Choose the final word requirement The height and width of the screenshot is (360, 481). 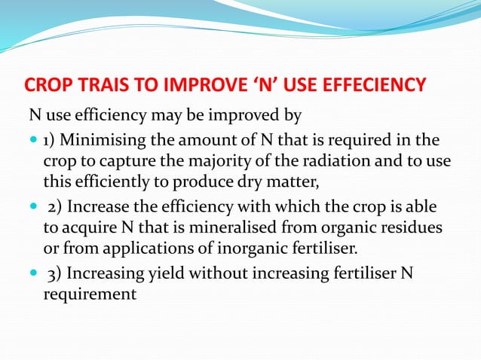click(x=90, y=294)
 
